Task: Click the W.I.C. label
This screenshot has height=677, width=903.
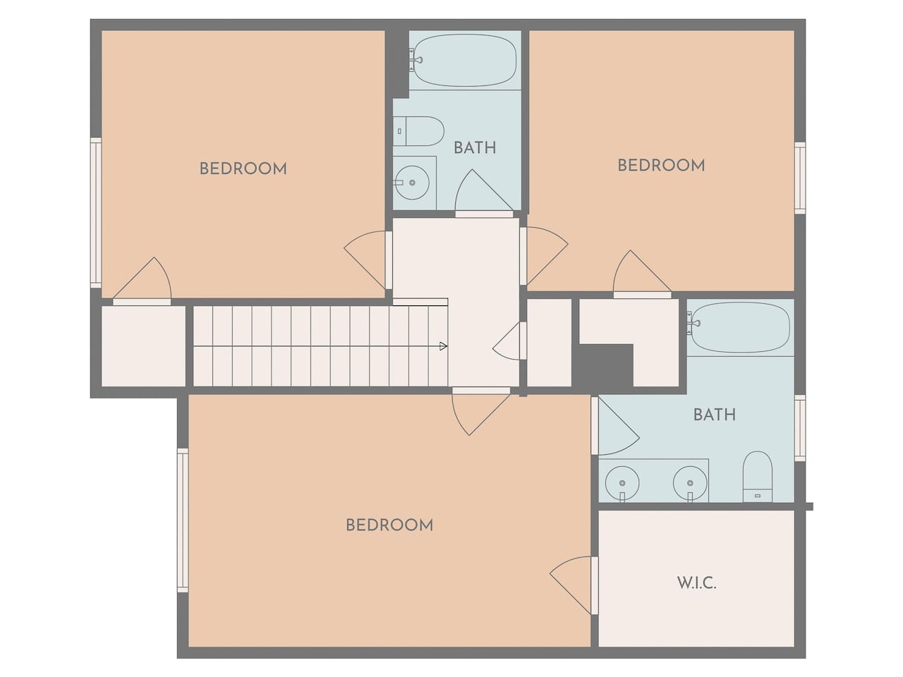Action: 696,583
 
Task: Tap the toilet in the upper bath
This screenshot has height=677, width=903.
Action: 418,131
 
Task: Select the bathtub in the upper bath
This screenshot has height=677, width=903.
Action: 463,60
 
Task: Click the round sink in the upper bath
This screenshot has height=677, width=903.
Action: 411,183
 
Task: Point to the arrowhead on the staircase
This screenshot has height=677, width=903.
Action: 443,346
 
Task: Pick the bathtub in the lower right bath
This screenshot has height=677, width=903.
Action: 739,327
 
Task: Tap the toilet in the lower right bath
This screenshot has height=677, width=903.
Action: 758,477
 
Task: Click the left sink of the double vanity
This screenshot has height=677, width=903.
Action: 622,483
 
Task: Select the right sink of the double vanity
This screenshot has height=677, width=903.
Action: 690,483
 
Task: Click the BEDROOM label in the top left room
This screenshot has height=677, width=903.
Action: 243,169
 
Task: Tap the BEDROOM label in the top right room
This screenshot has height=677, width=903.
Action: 661,166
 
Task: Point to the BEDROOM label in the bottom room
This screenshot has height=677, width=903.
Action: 389,525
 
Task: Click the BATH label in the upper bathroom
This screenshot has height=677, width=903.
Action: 475,148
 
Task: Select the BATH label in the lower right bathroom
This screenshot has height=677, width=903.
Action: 715,415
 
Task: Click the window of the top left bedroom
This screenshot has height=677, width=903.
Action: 96,213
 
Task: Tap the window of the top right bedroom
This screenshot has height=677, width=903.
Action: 800,178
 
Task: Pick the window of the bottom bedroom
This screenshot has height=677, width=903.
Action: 183,520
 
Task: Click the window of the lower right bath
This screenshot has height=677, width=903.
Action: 800,428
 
